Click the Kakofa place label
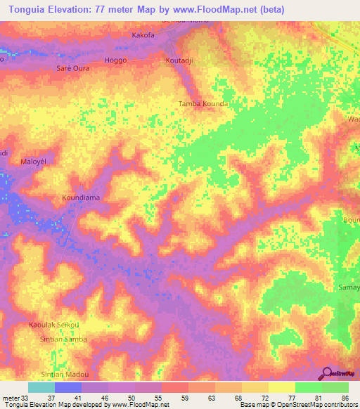(144, 34)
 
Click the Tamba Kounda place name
(202, 103)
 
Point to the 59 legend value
(184, 397)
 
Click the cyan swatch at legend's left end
(41, 387)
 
